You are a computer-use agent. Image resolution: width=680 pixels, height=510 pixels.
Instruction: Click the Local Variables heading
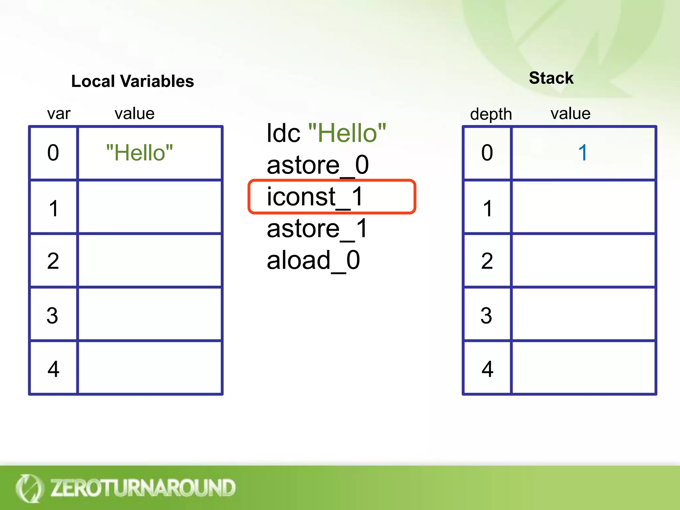coord(132,81)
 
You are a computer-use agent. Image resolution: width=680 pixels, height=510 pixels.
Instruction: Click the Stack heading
coord(551,78)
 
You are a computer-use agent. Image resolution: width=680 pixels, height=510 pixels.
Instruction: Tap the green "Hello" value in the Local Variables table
coord(139,153)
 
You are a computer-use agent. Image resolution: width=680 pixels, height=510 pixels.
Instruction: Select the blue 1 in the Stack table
coord(583,153)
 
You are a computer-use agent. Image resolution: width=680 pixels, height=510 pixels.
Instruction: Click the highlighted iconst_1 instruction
coord(315,197)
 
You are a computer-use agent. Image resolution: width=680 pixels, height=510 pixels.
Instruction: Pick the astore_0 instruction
coord(318,165)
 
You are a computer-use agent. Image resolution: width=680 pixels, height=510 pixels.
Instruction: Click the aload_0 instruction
coord(313,260)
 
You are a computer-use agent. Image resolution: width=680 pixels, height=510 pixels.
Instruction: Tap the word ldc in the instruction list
coord(283,133)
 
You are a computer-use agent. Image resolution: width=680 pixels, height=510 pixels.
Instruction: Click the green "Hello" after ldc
coord(347,133)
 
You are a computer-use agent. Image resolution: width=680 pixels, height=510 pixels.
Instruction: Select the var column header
coord(59,114)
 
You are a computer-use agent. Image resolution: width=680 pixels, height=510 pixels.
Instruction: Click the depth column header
coord(491,115)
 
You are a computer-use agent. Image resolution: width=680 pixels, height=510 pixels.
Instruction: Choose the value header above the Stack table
coord(570,114)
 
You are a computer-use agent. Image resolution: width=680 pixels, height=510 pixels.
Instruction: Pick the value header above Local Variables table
coord(134,114)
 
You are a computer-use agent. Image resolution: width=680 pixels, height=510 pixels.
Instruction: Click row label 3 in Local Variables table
coord(52,315)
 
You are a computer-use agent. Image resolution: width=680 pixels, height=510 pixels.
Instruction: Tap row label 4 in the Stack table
coord(487,369)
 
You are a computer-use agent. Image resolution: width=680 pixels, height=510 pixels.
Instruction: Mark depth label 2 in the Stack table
coord(487,261)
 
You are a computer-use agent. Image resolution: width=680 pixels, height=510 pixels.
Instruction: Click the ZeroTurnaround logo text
coord(143,488)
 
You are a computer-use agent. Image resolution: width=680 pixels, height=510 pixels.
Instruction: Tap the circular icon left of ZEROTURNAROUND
coord(29,488)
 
